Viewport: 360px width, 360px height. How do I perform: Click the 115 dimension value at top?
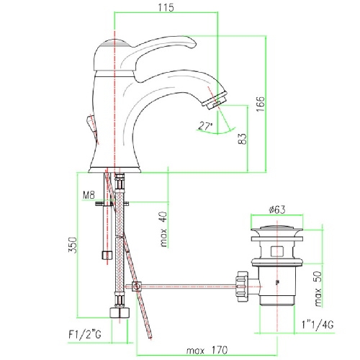pyautogui.click(x=166, y=7)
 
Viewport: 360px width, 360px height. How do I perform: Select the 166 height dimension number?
pyautogui.click(x=260, y=104)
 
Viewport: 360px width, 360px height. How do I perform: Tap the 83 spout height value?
pyautogui.click(x=243, y=139)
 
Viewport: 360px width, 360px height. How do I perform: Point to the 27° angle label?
pyautogui.click(x=205, y=126)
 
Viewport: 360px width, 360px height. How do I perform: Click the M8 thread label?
pyautogui.click(x=89, y=195)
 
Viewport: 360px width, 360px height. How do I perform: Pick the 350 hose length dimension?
pyautogui.click(x=73, y=245)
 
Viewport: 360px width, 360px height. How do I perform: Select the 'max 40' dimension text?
pyautogui.click(x=163, y=229)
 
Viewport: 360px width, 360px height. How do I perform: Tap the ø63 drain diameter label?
pyautogui.click(x=277, y=210)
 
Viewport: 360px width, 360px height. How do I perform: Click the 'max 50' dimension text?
pyautogui.click(x=318, y=289)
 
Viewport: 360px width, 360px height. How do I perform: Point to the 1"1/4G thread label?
pyautogui.click(x=318, y=325)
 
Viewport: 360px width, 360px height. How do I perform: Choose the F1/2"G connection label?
pyautogui.click(x=85, y=334)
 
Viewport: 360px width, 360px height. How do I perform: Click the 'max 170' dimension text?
pyautogui.click(x=207, y=351)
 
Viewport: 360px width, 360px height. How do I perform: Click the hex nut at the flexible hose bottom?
pyautogui.click(x=120, y=312)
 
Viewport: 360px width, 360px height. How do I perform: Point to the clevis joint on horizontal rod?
pyautogui.click(x=137, y=287)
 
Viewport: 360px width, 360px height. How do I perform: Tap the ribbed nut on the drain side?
pyautogui.click(x=242, y=286)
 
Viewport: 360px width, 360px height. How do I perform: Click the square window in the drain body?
pyautogui.click(x=277, y=251)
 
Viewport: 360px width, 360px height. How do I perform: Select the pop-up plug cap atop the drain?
pyautogui.click(x=277, y=228)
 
